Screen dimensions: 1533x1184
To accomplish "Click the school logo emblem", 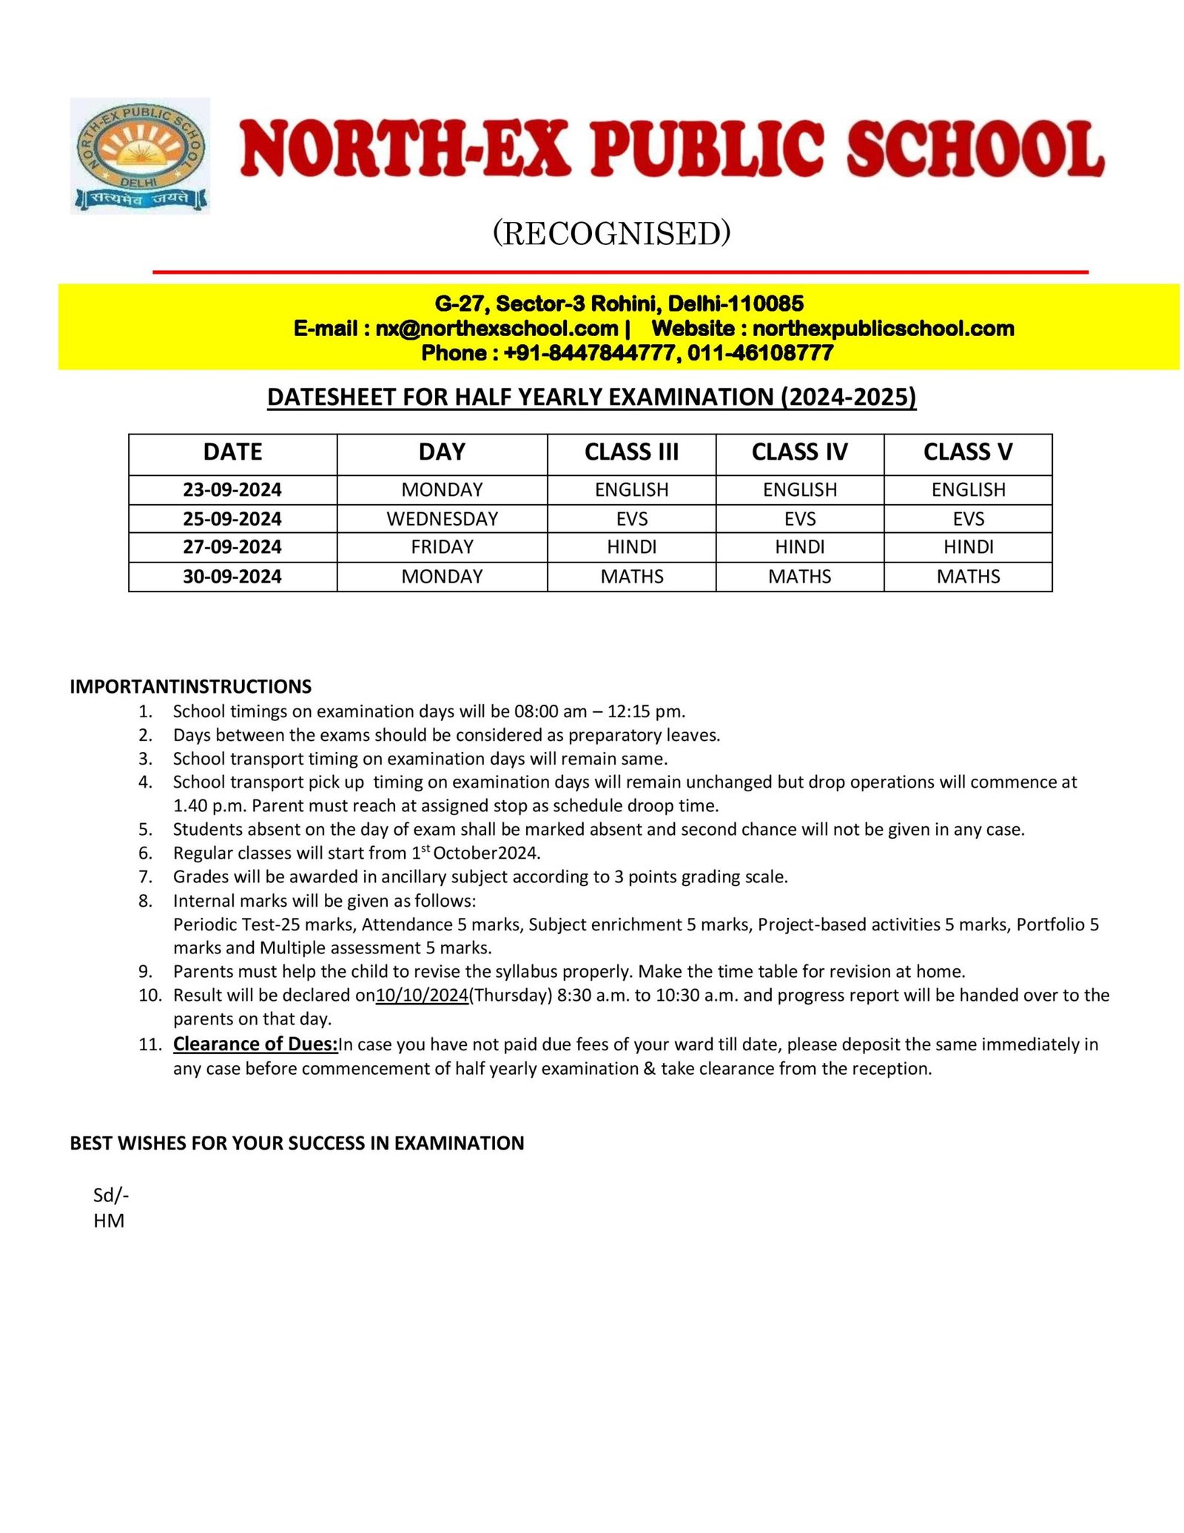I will point(140,155).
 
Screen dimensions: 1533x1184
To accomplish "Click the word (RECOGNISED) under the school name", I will point(611,233).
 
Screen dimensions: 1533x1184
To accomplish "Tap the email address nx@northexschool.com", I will point(496,328).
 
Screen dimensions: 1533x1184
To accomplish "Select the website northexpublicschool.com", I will point(883,328).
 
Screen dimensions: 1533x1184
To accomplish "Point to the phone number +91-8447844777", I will point(589,352).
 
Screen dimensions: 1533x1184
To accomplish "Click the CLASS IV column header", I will point(799,452).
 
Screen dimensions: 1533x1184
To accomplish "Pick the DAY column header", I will point(442,452).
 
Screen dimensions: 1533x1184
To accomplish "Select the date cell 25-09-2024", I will point(232,518).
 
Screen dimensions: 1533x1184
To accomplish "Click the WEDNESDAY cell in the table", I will point(442,518).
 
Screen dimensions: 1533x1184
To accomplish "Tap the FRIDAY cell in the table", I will point(442,547).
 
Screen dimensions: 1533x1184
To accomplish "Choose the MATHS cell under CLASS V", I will point(968,576).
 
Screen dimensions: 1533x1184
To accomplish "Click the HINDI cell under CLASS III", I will point(631,547).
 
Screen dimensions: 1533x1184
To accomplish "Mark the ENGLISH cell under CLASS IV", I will point(799,489).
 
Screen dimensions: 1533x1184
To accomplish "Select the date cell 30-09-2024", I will point(232,576).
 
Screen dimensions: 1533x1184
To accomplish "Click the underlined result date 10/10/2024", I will point(422,995).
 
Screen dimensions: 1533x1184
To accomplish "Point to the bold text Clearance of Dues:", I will point(255,1044).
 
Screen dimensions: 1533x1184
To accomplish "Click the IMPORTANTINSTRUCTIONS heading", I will point(190,686).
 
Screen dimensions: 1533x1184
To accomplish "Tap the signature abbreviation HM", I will point(109,1221).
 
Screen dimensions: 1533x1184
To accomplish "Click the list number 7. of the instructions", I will point(146,876).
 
